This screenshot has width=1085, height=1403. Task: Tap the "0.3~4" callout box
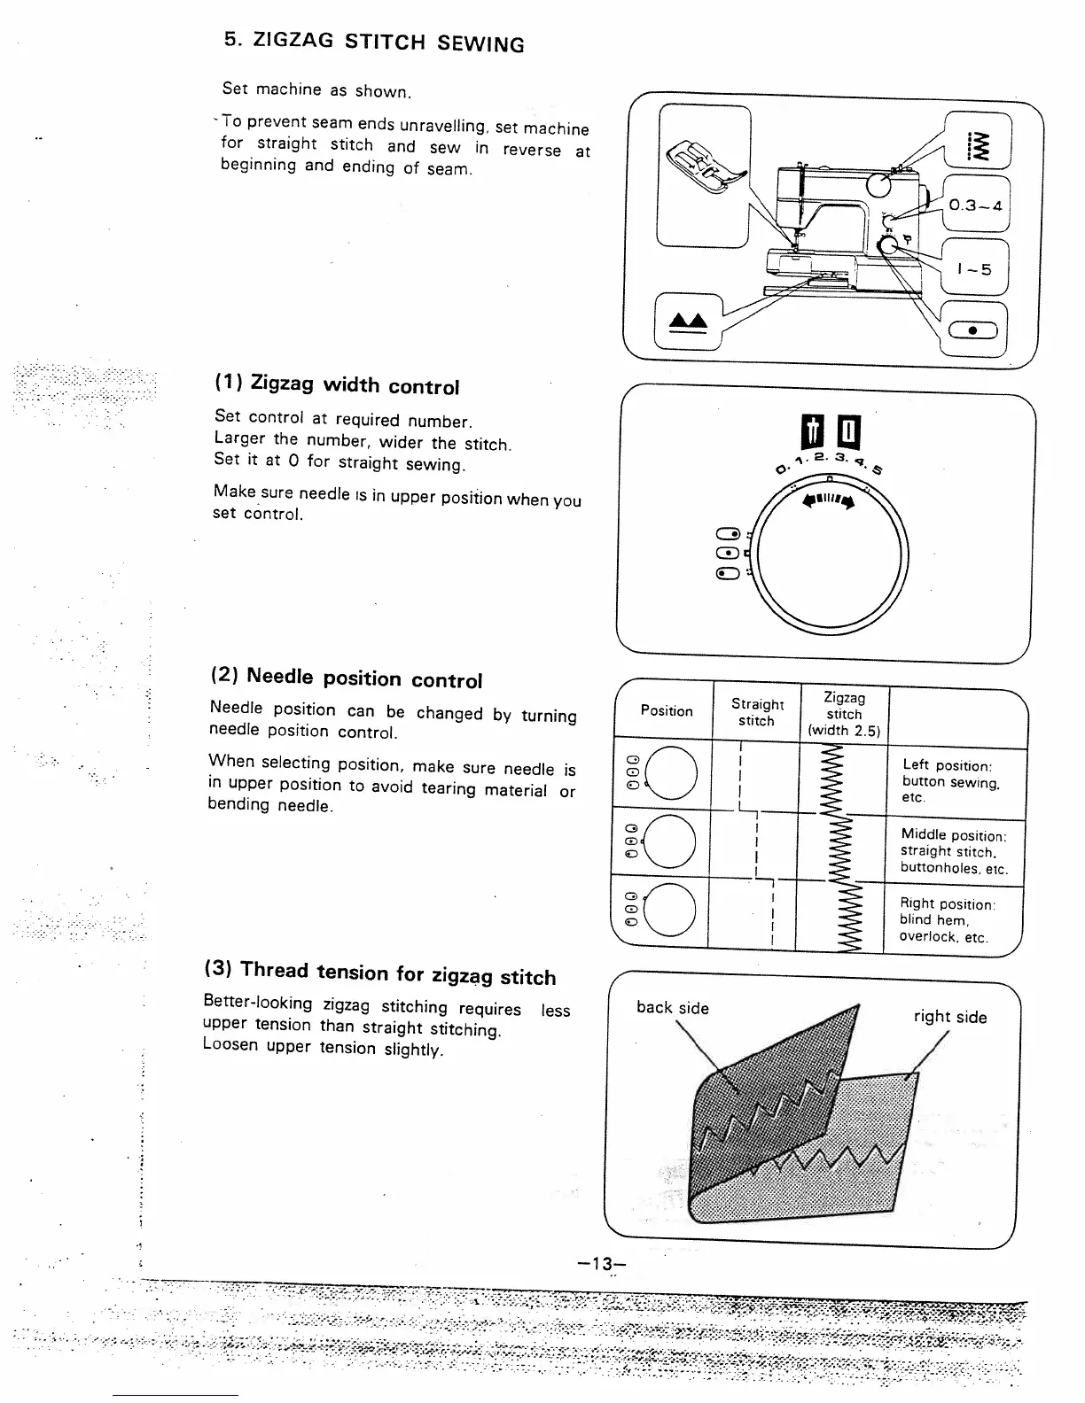(x=974, y=205)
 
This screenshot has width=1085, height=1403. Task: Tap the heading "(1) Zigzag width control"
(x=337, y=385)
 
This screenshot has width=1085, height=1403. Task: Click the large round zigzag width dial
(x=831, y=558)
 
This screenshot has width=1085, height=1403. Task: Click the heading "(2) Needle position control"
(x=346, y=678)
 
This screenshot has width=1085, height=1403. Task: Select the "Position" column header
(x=667, y=710)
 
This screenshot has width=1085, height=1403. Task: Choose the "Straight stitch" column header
(x=757, y=712)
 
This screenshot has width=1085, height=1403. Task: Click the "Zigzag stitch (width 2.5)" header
(x=844, y=714)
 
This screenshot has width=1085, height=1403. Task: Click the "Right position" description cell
(x=947, y=919)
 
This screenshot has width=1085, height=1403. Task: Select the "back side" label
(x=673, y=1008)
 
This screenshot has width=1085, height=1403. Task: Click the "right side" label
(x=950, y=1017)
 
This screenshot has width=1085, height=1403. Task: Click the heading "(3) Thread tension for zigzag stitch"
(x=380, y=973)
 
